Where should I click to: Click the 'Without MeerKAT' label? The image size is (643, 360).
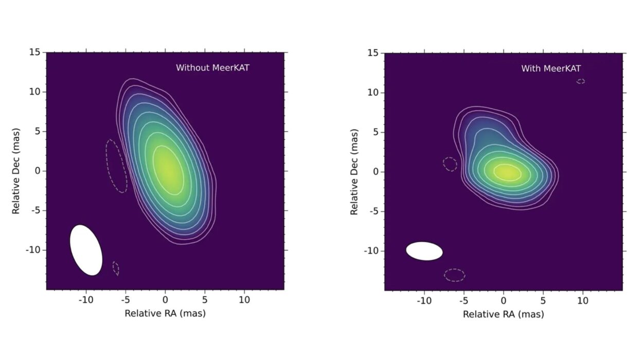212,67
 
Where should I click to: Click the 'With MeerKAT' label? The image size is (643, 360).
551,68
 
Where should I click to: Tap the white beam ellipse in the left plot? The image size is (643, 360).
86,249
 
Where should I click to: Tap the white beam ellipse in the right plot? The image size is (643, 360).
424,251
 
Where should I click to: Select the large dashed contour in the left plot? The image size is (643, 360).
116,166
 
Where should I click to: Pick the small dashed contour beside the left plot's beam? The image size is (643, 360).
116,268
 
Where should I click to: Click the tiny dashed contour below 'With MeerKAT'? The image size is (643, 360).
581,81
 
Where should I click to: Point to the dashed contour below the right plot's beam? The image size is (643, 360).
455,275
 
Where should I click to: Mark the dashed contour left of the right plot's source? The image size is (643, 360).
450,164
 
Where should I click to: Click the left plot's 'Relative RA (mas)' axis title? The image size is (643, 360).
165,313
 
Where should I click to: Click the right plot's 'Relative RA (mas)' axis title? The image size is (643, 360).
504,314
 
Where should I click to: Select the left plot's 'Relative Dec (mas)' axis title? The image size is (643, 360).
16,171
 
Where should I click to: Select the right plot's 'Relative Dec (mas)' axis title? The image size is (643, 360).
354,172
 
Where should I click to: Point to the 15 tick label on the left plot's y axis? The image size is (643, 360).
35,52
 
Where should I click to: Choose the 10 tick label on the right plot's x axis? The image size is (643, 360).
583,300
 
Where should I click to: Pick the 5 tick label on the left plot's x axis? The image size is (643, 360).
205,299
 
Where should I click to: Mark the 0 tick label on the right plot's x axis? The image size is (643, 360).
504,300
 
